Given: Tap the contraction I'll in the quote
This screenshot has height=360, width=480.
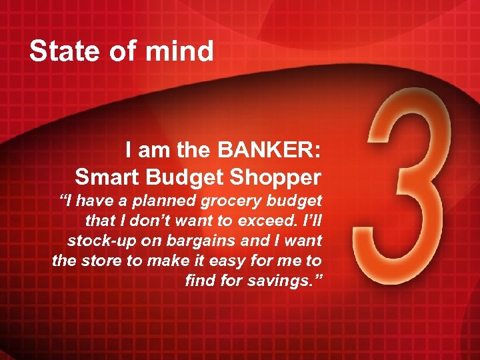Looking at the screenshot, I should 311,220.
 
